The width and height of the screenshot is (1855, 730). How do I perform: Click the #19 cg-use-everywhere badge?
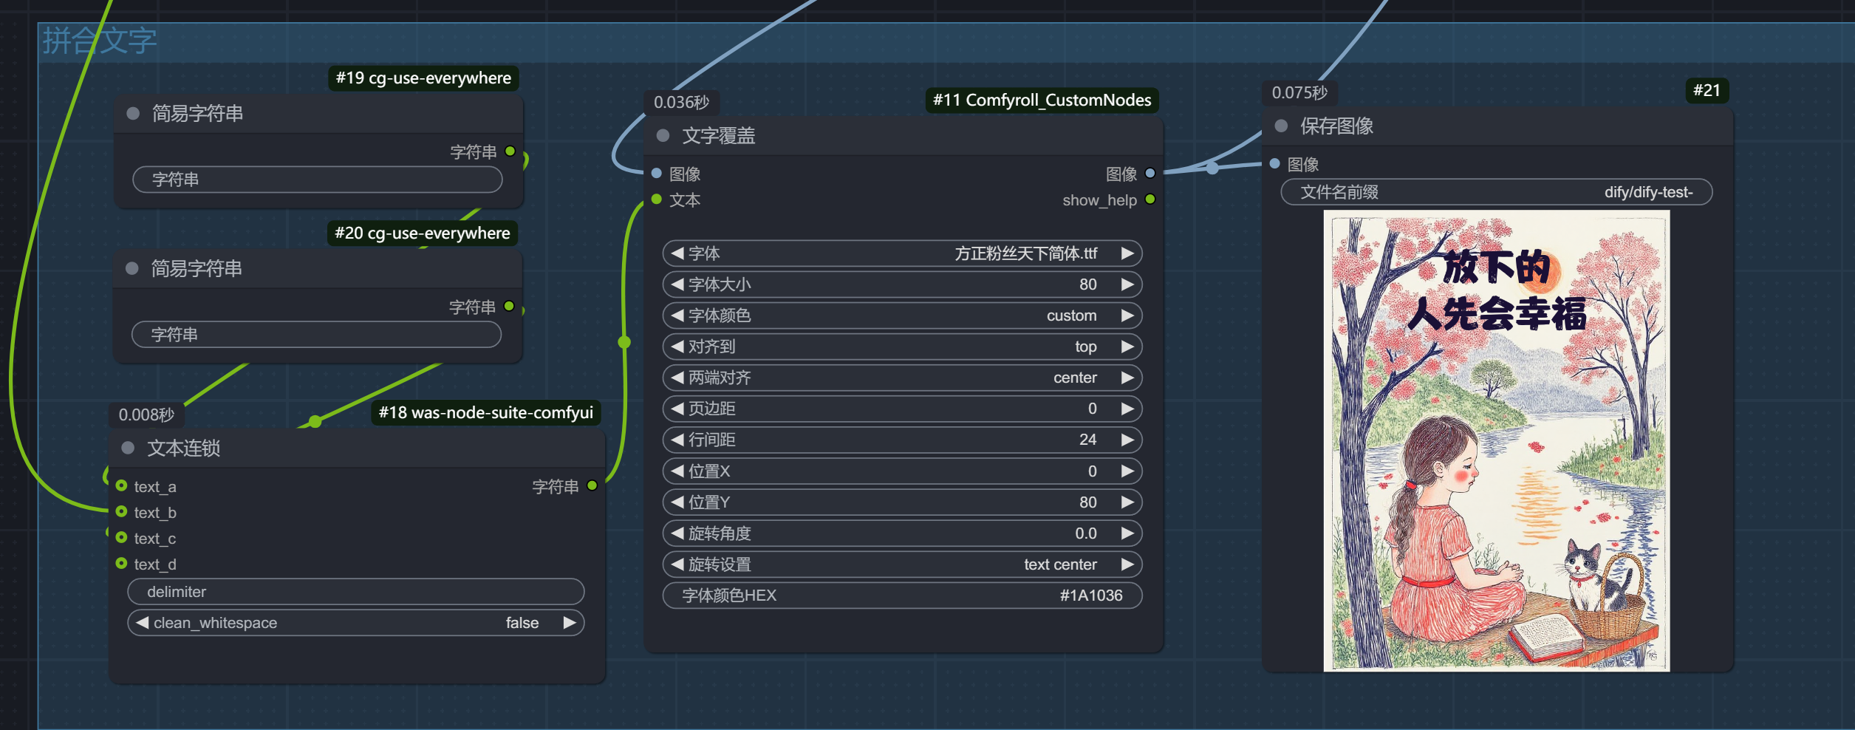[423, 78]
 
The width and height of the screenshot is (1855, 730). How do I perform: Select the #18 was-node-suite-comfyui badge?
[485, 412]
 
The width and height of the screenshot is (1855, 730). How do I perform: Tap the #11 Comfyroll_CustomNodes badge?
[1042, 100]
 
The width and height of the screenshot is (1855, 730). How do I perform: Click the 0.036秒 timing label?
[681, 102]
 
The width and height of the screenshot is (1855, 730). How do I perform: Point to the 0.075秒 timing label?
[1299, 92]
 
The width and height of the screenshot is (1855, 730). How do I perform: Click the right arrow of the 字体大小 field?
[1127, 284]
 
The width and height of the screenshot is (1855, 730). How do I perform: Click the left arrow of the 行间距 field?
[677, 440]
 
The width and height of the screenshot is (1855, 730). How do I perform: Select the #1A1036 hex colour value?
[1091, 596]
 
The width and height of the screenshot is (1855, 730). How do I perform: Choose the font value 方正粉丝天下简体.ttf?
[1025, 253]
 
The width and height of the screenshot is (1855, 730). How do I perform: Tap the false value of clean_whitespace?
[522, 623]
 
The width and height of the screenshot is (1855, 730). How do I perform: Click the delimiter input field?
[356, 592]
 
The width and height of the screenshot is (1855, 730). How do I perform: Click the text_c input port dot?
[122, 538]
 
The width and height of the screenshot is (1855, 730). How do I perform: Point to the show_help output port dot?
[1150, 199]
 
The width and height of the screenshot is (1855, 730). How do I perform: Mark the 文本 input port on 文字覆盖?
[656, 199]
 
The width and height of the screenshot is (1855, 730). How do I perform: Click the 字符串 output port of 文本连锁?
[592, 485]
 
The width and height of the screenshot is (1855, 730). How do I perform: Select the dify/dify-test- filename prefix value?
[1648, 192]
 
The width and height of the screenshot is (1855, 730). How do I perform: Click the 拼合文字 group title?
[99, 41]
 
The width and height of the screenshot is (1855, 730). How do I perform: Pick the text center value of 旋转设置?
[1060, 564]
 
